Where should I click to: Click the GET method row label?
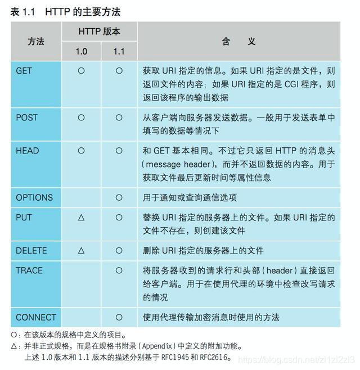pyautogui.click(x=24, y=71)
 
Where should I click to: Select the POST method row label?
pyautogui.click(x=27, y=118)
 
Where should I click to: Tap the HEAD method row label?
pyautogui.click(x=28, y=151)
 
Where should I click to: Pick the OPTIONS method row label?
pyautogui.click(x=34, y=197)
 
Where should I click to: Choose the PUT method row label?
pyautogui.click(x=24, y=217)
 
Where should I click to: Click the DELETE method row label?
pyautogui.click(x=31, y=250)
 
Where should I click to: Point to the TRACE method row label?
pyautogui.click(x=29, y=270)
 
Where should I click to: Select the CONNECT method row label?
pyautogui.click(x=36, y=317)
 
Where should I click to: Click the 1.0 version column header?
pyautogui.click(x=81, y=51)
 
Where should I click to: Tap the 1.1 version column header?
pyautogui.click(x=119, y=51)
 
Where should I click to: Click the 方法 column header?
pyautogui.click(x=36, y=42)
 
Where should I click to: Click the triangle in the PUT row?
pyautogui.click(x=81, y=217)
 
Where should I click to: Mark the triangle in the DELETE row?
pyautogui.click(x=81, y=250)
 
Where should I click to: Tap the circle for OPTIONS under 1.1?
pyautogui.click(x=119, y=197)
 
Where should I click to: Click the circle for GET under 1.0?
pyautogui.click(x=81, y=71)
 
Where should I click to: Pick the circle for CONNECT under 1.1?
pyautogui.click(x=119, y=317)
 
